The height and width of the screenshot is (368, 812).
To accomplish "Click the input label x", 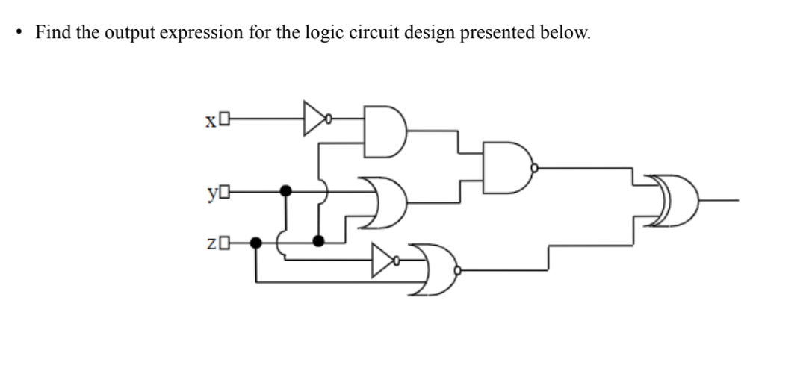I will click(x=211, y=119).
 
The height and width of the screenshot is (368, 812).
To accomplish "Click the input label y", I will click(x=211, y=193).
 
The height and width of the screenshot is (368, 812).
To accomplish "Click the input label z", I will click(x=211, y=243).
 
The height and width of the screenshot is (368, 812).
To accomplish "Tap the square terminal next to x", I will click(x=223, y=119).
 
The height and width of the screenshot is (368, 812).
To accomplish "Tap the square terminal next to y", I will click(x=223, y=193).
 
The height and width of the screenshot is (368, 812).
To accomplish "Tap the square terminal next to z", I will click(x=223, y=243).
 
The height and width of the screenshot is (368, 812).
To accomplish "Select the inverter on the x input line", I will click(x=314, y=118).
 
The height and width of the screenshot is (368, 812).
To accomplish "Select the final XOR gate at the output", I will click(x=673, y=201).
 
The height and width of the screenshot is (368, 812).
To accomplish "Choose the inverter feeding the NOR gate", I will click(x=385, y=261).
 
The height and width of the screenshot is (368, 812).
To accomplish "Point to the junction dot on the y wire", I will click(x=285, y=192).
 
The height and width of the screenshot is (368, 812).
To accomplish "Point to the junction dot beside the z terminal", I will click(x=256, y=243).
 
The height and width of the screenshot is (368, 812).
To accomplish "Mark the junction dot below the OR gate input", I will click(x=319, y=240).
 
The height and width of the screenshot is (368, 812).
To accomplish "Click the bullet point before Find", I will click(x=18, y=33).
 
